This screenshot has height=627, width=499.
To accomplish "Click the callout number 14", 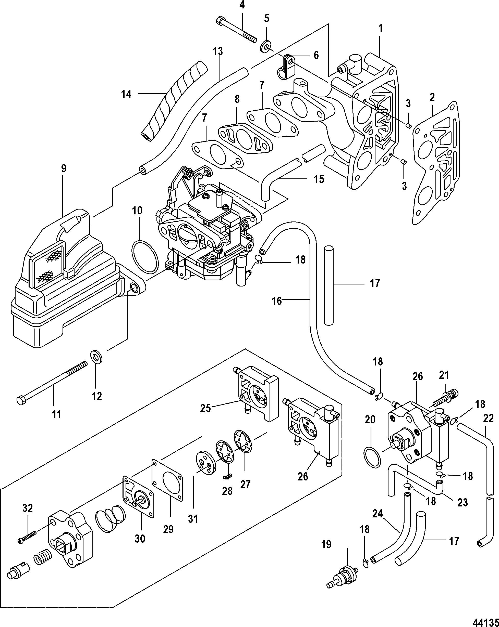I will point(126,94).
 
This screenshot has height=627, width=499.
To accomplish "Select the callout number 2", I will point(432,97).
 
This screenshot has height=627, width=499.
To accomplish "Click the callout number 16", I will point(276,301).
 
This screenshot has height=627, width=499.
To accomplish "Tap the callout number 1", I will point(381,29).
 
